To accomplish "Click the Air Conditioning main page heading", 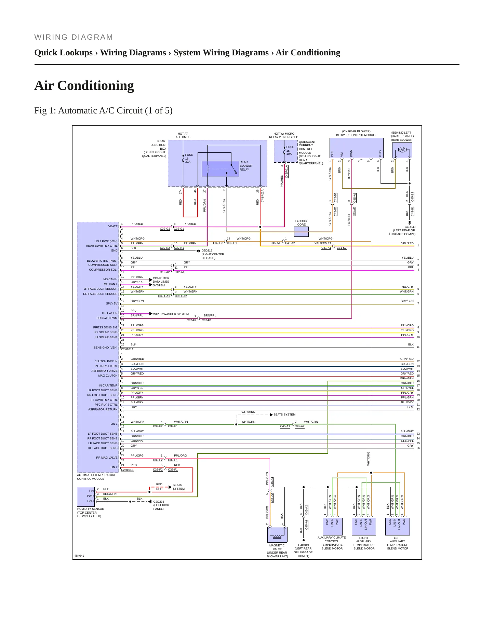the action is pyautogui.click(x=84, y=85).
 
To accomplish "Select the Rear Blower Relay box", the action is pyautogui.click(x=220, y=169).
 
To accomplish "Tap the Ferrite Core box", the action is pyautogui.click(x=301, y=232).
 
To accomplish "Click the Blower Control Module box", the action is pyautogui.click(x=356, y=148).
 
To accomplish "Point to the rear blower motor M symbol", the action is pyautogui.click(x=402, y=150).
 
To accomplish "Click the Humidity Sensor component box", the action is pyautogui.click(x=86, y=497).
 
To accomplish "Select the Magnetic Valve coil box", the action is pyautogui.click(x=277, y=534).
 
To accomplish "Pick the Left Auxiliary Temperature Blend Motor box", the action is pyautogui.click(x=397, y=527).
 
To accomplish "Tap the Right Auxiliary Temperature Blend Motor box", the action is pyautogui.click(x=364, y=527).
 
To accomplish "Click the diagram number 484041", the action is pyautogui.click(x=79, y=556).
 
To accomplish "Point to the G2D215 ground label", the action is pyautogui.click(x=207, y=250).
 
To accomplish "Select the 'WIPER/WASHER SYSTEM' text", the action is pyautogui.click(x=171, y=314).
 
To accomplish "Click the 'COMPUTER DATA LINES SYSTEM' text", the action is pyautogui.click(x=161, y=282).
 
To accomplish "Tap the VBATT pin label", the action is pyautogui.click(x=113, y=226).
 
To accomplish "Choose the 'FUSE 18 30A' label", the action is pyautogui.click(x=189, y=158).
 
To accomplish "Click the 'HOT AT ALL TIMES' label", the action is pyautogui.click(x=183, y=135).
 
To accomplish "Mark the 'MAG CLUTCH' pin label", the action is pyautogui.click(x=108, y=376).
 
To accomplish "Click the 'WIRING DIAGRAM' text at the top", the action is pyautogui.click(x=74, y=37).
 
